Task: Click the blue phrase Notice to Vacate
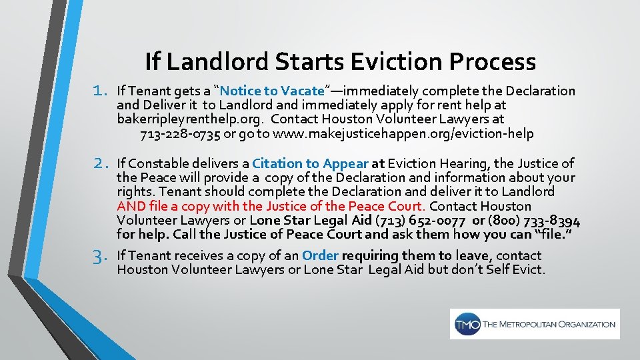(272, 91)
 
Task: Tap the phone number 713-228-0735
(181, 134)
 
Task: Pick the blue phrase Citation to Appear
(311, 163)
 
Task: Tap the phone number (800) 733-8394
(533, 221)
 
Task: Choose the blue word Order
(321, 255)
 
